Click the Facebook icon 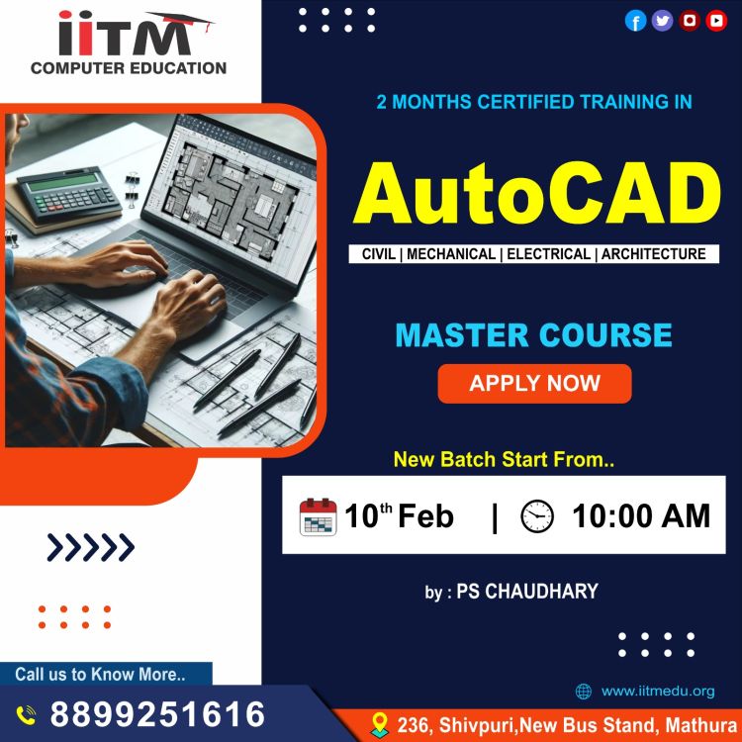(x=635, y=21)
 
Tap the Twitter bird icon (x=662, y=21)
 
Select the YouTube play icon (x=716, y=21)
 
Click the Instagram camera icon (x=690, y=21)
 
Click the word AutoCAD (x=537, y=194)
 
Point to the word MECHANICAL (x=451, y=254)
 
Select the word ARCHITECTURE (x=654, y=254)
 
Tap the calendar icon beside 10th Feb (x=318, y=516)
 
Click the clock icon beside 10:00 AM (x=536, y=515)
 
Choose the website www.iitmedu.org (x=658, y=691)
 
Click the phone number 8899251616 (x=157, y=714)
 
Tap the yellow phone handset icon (x=26, y=715)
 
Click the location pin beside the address (x=380, y=724)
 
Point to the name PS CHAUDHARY (x=527, y=591)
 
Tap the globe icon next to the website (x=584, y=692)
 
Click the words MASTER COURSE (x=534, y=335)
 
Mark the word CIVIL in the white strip (x=379, y=254)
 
